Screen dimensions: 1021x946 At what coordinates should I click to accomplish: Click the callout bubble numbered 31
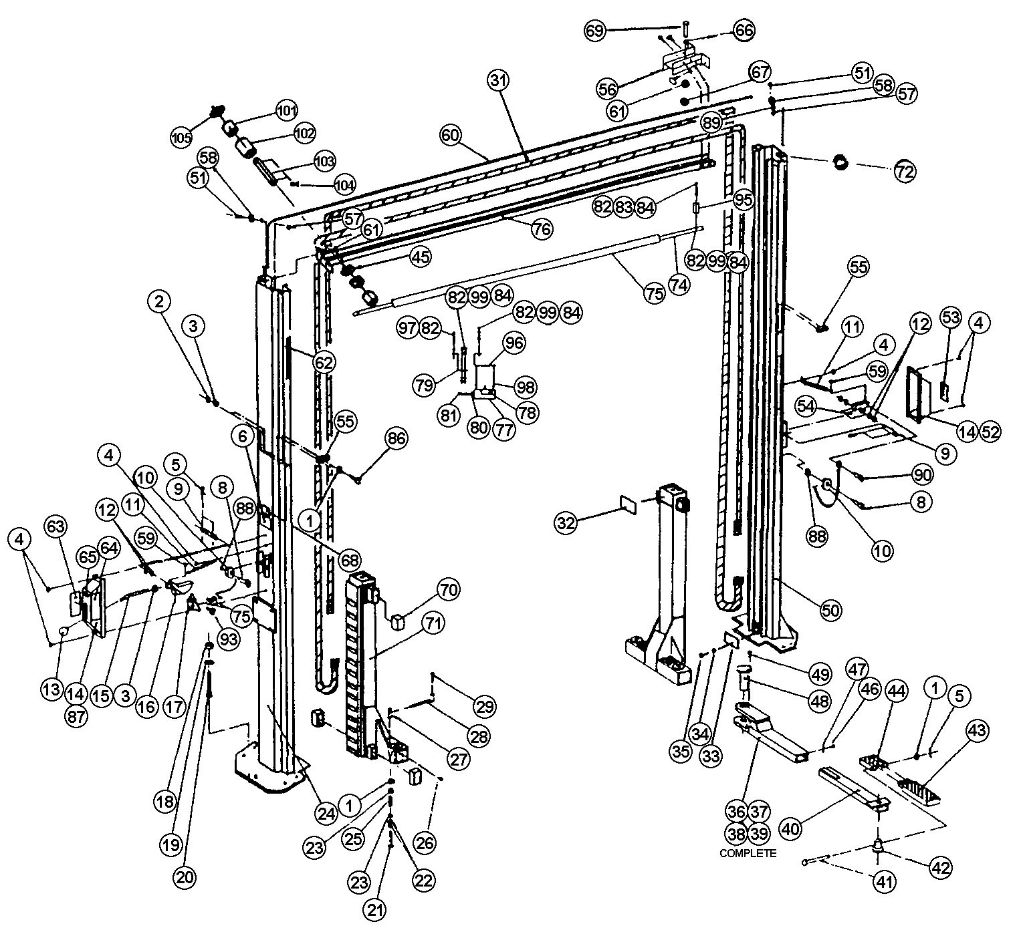498,81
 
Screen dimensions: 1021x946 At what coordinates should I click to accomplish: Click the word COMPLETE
748,853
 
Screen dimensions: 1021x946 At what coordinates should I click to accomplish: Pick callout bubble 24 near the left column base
325,813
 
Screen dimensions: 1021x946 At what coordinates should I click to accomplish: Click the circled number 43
977,731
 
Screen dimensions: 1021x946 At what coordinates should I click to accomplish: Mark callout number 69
596,30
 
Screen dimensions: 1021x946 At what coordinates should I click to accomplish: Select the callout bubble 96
514,343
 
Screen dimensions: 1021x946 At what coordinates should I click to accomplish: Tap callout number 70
449,590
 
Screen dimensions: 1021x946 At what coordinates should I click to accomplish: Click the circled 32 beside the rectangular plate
567,523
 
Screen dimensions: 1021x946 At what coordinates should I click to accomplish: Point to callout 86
396,438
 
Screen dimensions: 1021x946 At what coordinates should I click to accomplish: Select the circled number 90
921,475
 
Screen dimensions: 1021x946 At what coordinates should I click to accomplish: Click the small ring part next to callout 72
840,162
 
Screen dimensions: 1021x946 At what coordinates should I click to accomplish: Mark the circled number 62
324,362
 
